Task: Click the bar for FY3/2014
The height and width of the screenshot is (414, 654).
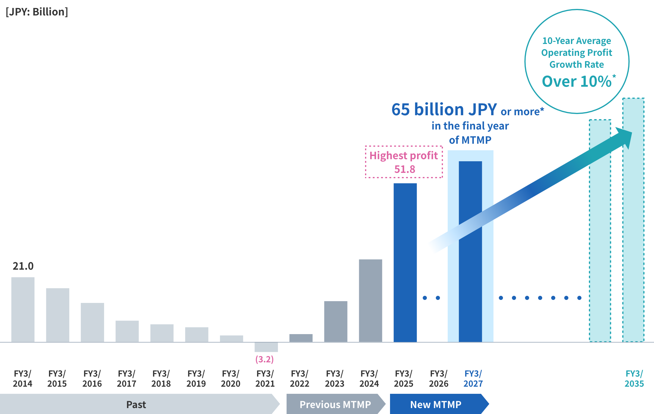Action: pyautogui.click(x=23, y=309)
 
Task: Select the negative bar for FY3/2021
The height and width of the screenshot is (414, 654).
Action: pyautogui.click(x=266, y=347)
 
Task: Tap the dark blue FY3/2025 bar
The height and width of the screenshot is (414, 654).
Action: pyautogui.click(x=405, y=263)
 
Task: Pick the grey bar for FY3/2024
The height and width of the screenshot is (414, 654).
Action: pyautogui.click(x=370, y=301)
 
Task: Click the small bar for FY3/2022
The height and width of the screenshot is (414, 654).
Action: pyautogui.click(x=301, y=338)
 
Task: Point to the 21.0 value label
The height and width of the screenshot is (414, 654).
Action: pyautogui.click(x=23, y=266)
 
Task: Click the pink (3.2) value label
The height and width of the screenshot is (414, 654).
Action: pyautogui.click(x=264, y=359)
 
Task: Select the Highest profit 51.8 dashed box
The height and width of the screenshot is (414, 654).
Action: pyautogui.click(x=404, y=162)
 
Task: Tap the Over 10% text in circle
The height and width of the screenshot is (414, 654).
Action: pyautogui.click(x=577, y=81)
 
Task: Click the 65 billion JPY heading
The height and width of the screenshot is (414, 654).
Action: pyautogui.click(x=444, y=110)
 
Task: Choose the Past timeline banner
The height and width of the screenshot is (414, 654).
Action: pyautogui.click(x=136, y=404)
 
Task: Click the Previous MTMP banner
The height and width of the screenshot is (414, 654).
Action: pyautogui.click(x=335, y=404)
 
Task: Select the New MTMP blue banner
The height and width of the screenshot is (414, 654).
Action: pyautogui.click(x=436, y=404)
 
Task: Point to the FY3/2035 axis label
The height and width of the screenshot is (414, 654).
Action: pyautogui.click(x=634, y=378)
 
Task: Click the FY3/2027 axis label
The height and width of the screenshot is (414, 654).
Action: pyautogui.click(x=473, y=378)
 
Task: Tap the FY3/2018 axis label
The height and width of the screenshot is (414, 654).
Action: pyautogui.click(x=161, y=378)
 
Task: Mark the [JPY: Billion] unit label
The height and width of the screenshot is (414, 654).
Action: pyautogui.click(x=37, y=12)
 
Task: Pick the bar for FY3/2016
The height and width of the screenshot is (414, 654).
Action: pyautogui.click(x=92, y=322)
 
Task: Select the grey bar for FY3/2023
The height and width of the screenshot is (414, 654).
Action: pyautogui.click(x=336, y=321)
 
